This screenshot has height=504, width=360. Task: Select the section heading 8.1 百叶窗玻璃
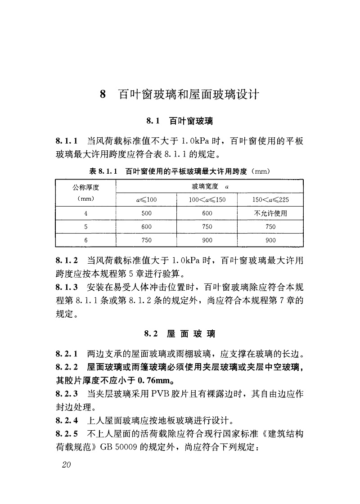point(180,121)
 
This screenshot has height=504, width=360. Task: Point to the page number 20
point(66,465)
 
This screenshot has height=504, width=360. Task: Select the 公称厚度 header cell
point(86,187)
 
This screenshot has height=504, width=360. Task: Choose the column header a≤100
point(146,200)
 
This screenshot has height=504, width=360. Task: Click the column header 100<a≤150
point(207,200)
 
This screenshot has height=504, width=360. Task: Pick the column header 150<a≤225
point(270,200)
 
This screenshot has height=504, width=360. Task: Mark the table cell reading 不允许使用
point(270,213)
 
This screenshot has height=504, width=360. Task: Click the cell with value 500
point(146,213)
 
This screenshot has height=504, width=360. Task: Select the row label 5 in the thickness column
point(85,227)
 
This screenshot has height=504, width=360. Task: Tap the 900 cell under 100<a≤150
point(207,240)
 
